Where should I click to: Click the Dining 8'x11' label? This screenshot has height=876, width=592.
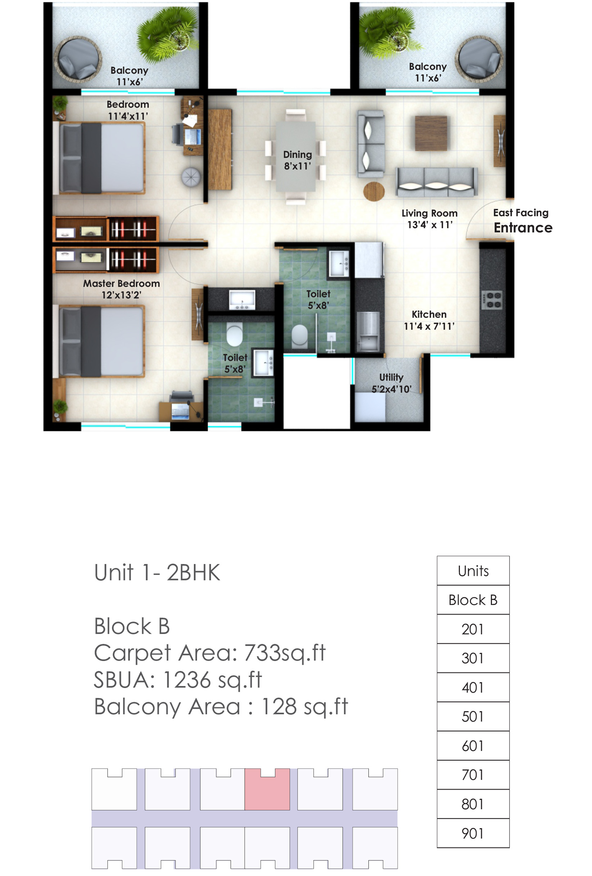297,160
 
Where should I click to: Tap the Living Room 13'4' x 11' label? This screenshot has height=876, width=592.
429,219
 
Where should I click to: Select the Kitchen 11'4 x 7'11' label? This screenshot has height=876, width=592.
429,320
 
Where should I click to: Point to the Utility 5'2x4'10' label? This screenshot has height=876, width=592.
392,383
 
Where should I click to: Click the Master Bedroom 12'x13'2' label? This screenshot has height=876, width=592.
121,289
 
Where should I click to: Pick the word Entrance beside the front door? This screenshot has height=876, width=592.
523,228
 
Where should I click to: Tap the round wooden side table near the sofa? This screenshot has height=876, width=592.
374,191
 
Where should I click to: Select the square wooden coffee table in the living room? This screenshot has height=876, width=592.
431,133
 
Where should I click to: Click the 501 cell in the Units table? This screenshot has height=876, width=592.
473,716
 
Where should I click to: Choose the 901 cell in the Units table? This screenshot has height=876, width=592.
473,833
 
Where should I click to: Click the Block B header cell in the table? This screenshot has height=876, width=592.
473,600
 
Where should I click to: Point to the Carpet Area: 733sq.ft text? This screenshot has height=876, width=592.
209,653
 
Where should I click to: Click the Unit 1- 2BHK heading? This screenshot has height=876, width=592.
157,573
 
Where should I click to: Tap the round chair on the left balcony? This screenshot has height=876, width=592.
78,59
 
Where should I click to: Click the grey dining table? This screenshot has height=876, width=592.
296,157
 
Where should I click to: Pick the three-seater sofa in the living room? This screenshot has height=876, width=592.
437,182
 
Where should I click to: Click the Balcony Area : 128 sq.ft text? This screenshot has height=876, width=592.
221,706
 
